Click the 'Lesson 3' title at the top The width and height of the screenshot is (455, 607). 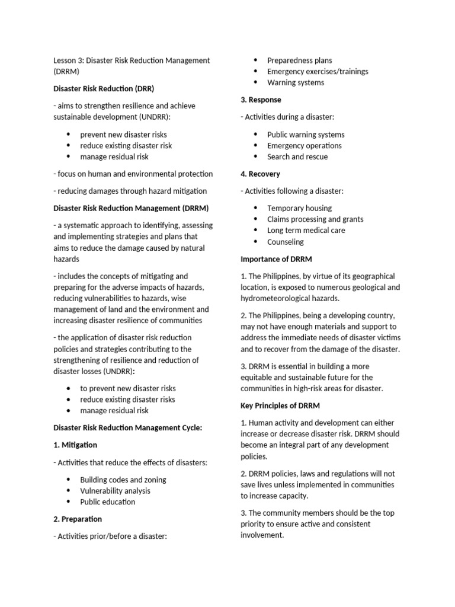132,60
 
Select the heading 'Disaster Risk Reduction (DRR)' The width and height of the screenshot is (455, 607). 104,88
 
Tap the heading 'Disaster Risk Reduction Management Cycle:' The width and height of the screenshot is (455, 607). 128,427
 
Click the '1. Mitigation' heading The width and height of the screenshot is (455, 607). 75,445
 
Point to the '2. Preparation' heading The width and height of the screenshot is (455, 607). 78,519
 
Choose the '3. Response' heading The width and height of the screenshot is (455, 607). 261,100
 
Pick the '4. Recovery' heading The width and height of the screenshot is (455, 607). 260,174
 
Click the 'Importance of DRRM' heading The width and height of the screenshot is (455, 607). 276,259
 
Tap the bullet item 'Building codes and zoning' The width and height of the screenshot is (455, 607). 123,480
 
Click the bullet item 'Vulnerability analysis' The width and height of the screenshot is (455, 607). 115,491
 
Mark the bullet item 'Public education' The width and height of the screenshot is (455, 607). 108,501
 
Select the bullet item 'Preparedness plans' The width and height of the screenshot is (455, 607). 299,60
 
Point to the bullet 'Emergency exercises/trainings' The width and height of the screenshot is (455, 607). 318,71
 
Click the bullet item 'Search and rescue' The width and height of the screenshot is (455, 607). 297,156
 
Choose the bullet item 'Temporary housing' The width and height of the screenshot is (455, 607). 299,208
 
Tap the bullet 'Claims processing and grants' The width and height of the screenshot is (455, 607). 315,219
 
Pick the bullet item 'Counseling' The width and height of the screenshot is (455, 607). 286,242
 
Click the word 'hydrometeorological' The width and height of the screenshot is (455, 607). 275,298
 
